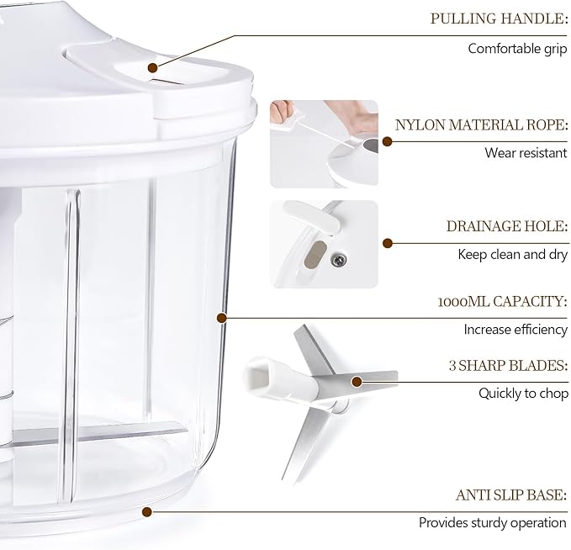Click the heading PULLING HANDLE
click(499, 19)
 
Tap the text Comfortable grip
click(517, 49)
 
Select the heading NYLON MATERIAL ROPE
click(481, 125)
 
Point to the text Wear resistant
click(526, 152)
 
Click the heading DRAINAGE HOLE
click(507, 226)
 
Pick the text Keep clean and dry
click(513, 254)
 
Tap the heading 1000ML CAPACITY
click(503, 302)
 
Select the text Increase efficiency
click(515, 330)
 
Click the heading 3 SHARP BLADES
click(508, 365)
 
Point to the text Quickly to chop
click(523, 394)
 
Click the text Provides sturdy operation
click(493, 523)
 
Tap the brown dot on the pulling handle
click(153, 67)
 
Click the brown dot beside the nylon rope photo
click(388, 141)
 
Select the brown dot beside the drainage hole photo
click(388, 243)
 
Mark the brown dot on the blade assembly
click(357, 382)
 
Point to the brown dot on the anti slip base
click(147, 512)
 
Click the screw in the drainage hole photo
click(338, 260)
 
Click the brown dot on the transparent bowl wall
click(222, 318)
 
